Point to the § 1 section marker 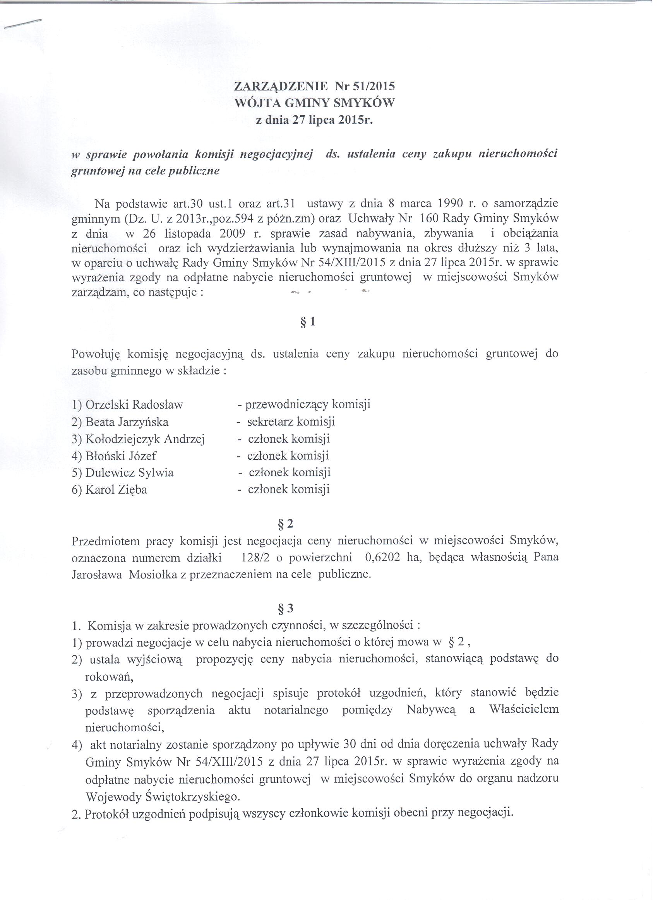pos(309,322)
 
